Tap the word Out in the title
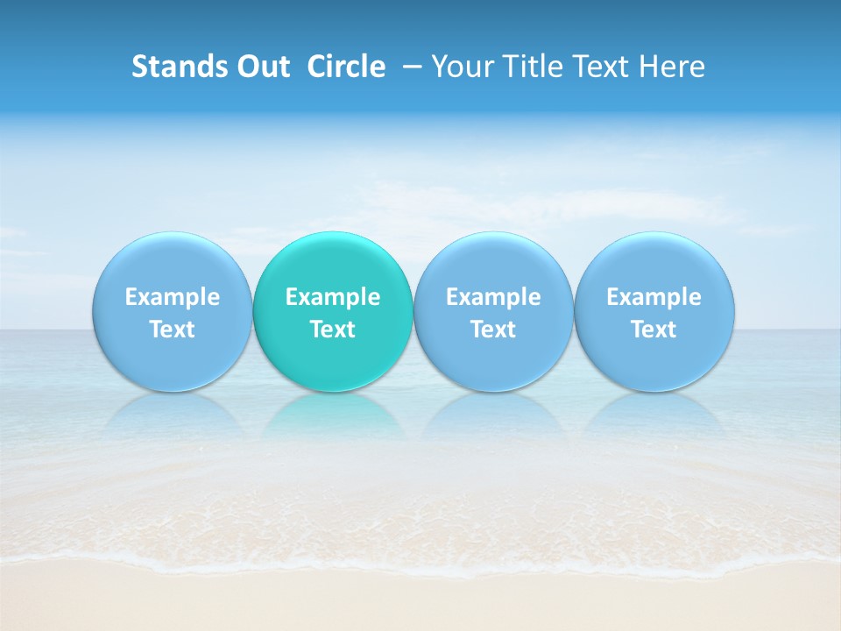(x=262, y=67)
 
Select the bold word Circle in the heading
(x=346, y=67)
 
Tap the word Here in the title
(x=674, y=67)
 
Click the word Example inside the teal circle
(x=333, y=297)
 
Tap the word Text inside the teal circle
(x=333, y=330)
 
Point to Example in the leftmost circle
(x=172, y=297)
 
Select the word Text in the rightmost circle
(x=654, y=330)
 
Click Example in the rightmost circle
(x=654, y=297)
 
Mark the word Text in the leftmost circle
(x=172, y=330)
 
